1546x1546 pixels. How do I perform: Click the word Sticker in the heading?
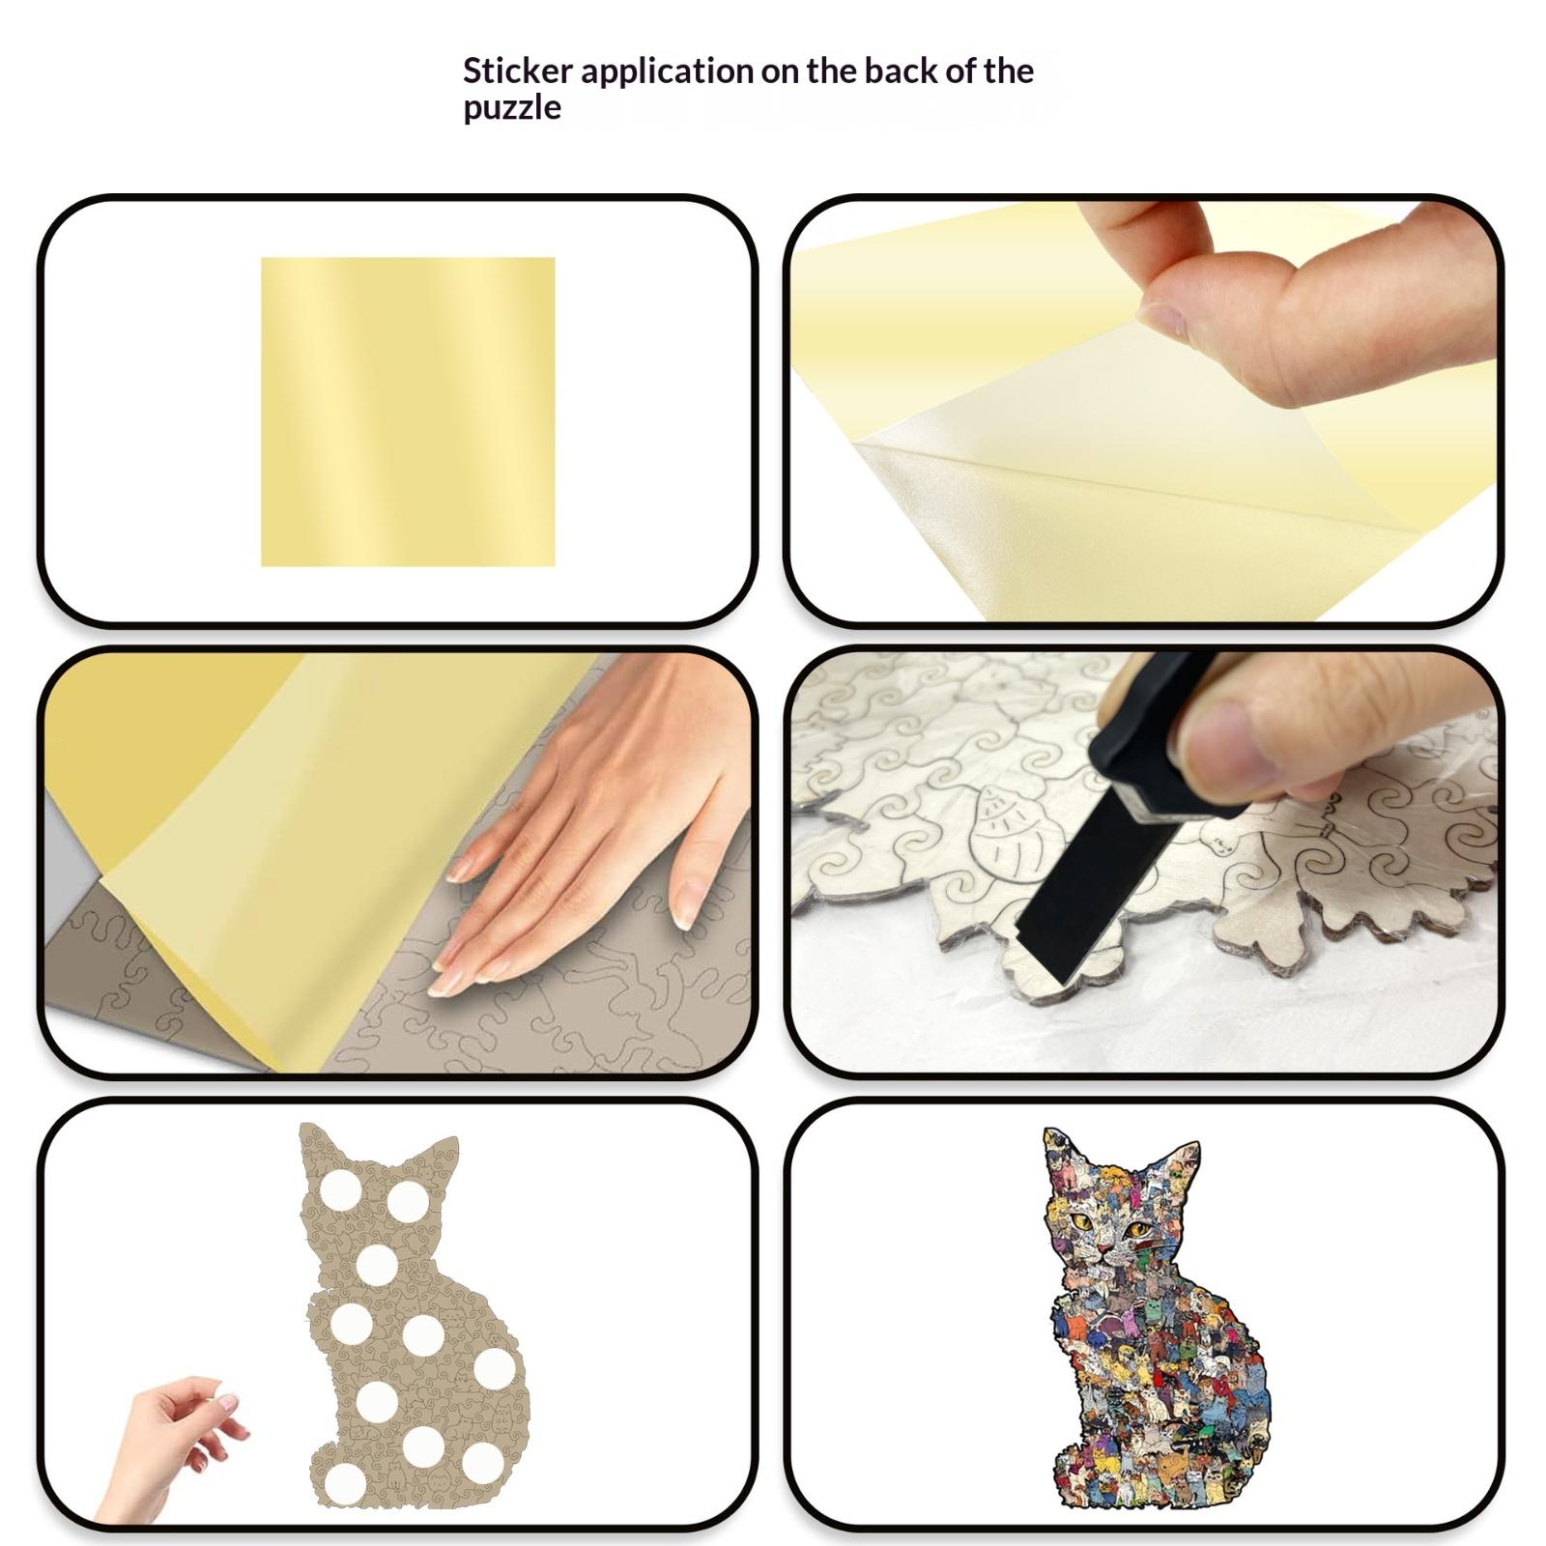[517, 71]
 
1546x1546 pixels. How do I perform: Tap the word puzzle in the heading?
[512, 108]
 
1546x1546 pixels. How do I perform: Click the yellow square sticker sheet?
[408, 412]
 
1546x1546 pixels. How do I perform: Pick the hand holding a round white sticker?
[169, 1449]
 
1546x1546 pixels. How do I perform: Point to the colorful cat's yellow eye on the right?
[1138, 1230]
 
